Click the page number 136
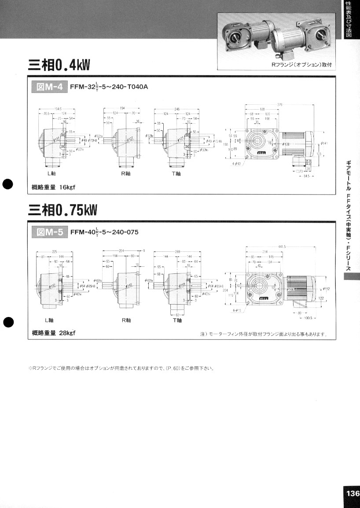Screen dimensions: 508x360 pos(352,493)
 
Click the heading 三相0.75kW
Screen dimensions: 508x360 pos(62,210)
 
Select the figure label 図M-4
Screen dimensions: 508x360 pos(48,86)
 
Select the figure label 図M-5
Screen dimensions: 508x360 pos(48,232)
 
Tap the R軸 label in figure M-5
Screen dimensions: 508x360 pos(126,320)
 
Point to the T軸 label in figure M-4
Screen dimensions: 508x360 pos(176,173)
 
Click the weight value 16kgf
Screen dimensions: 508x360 pos(67,187)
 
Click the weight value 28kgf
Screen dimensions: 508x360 pos(67,333)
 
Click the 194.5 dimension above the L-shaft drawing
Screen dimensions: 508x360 pos(58,108)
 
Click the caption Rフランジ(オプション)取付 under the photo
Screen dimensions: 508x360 pos(301,65)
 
